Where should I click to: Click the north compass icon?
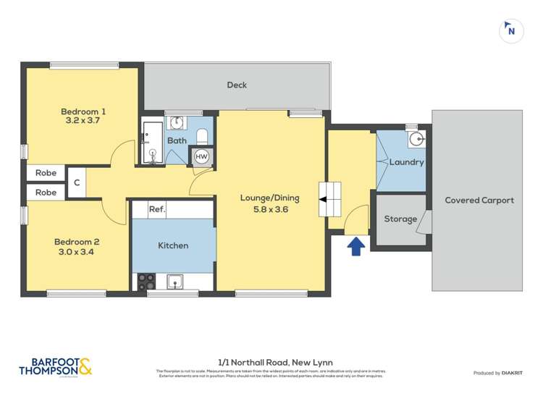click(x=511, y=30)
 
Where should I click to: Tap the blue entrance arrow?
click(x=355, y=247)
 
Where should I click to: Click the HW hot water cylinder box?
click(x=201, y=157)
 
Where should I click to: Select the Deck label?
click(x=237, y=85)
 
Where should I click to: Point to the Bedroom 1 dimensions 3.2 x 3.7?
click(x=83, y=122)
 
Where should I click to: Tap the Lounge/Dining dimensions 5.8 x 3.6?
click(x=269, y=210)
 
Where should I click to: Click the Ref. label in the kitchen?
click(x=157, y=209)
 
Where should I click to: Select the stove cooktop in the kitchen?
click(x=146, y=281)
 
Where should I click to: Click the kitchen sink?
click(x=175, y=280)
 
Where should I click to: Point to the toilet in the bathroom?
click(x=203, y=135)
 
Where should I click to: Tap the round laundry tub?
click(x=416, y=139)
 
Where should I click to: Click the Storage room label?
click(x=400, y=219)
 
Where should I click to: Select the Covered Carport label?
click(x=479, y=200)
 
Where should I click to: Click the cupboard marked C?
click(x=76, y=183)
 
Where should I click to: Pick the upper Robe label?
click(x=46, y=174)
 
